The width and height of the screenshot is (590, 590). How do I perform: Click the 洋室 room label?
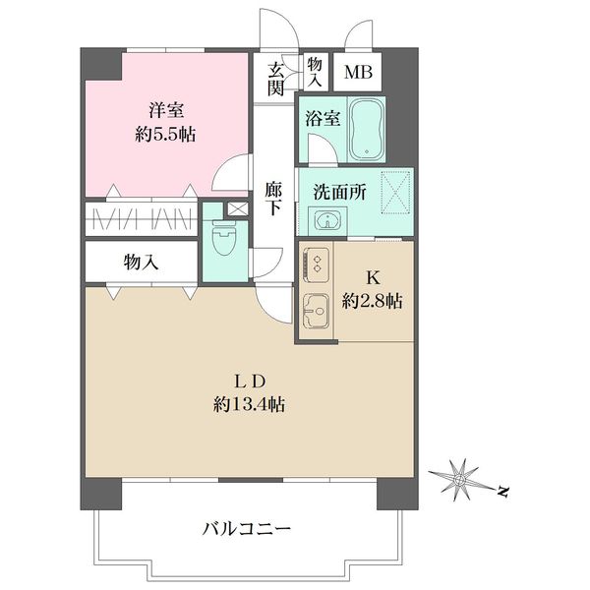(165, 110)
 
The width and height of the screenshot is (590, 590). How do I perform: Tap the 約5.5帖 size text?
(165, 134)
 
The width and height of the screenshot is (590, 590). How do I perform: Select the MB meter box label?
(358, 72)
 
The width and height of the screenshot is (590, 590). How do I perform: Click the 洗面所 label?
(339, 193)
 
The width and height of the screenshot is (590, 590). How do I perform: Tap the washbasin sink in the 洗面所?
(327, 219)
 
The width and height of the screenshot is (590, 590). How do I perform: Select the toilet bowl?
(225, 238)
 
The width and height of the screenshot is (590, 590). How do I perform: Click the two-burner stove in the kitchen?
(317, 263)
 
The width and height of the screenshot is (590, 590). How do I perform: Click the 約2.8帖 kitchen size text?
(372, 302)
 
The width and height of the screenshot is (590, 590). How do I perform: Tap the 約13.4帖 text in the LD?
(249, 404)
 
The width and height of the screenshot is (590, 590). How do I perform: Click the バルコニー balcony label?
(247, 529)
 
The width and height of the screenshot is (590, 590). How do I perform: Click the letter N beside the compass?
(502, 491)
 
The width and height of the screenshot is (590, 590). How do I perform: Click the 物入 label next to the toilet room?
(141, 262)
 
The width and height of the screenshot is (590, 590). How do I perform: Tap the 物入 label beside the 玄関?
(315, 72)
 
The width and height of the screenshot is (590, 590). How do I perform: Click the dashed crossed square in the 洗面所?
(395, 193)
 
